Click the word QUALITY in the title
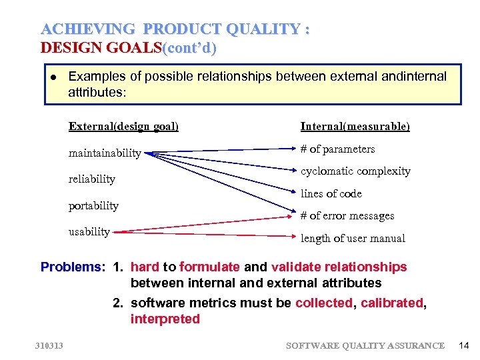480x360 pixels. pos(264,29)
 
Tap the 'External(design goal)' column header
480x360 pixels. pos(123,126)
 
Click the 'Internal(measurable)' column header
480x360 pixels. pos(355,126)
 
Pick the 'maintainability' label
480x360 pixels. pos(105,153)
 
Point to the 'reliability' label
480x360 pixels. pos(91,179)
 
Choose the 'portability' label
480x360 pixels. pos(93,205)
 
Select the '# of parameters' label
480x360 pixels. pos(337,149)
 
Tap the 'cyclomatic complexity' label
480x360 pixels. pos(355,171)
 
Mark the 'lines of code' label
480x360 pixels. pos(331,193)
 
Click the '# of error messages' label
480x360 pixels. pos(347,215)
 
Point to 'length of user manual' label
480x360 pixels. pos(353,238)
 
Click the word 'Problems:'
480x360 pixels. pos(73,267)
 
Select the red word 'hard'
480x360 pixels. pos(145,267)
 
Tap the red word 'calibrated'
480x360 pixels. pos(392,303)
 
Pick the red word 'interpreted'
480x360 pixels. pos(165,319)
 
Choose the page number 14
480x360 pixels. pos(464,345)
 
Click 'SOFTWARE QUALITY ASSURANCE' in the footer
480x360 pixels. pos(365,345)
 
